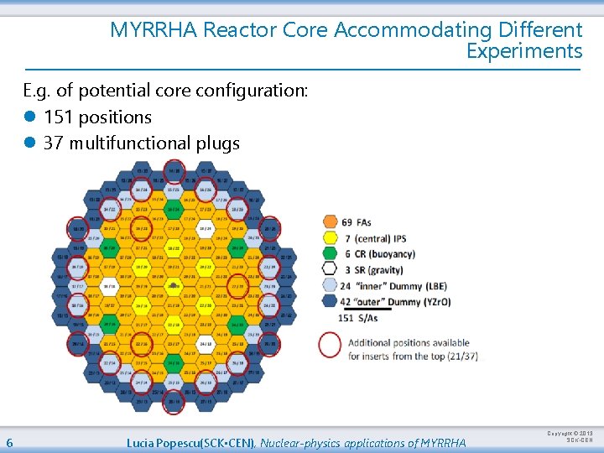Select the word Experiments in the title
[x=523, y=51]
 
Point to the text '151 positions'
[x=97, y=117]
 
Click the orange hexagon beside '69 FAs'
[x=329, y=222]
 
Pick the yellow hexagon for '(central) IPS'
[x=329, y=238]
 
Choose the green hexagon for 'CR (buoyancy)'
[x=329, y=254]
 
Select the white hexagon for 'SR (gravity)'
[x=329, y=270]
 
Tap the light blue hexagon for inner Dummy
[x=329, y=286]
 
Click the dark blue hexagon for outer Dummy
[x=329, y=302]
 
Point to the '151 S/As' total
[x=357, y=318]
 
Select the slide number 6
[x=8, y=442]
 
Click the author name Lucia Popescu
[x=163, y=442]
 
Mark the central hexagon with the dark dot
[x=174, y=285]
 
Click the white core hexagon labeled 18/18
[x=109, y=285]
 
